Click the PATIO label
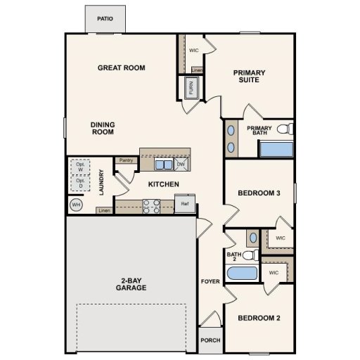coord(105,20)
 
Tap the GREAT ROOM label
coord(122,67)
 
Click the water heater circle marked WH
coord(76,205)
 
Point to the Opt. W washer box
coord(80,167)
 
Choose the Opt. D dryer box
coord(80,183)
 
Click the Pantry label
coord(127,160)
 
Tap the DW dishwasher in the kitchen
coord(181,165)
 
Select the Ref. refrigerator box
coord(185,205)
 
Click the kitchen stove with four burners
coord(151,206)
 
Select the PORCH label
coord(210,340)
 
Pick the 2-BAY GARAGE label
coord(131,284)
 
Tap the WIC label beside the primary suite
coord(195,50)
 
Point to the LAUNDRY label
coord(103,182)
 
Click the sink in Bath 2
coord(252,238)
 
